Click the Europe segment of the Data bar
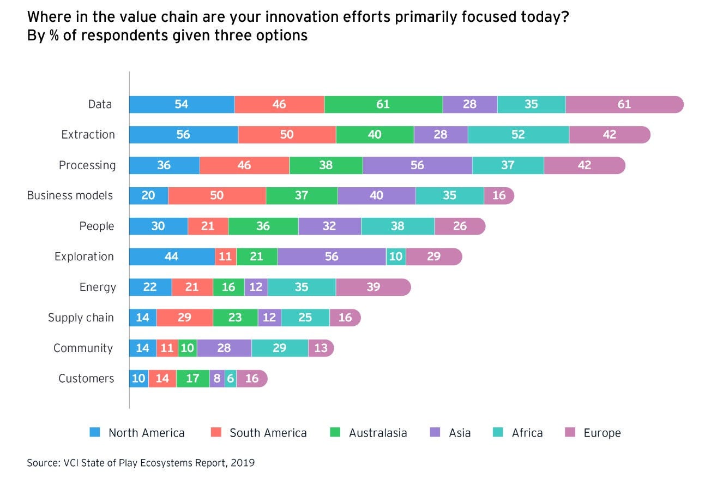[624, 104]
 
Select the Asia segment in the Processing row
[417, 165]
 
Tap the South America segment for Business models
[217, 195]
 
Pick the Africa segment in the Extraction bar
[518, 135]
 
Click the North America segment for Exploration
[172, 257]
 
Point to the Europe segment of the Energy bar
[373, 287]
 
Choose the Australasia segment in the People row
[263, 226]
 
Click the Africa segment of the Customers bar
[231, 379]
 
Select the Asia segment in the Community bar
[224, 348]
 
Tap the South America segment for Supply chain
[184, 318]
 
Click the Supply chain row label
[81, 318]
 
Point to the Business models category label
[70, 195]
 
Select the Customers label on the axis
[86, 379]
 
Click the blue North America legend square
[95, 432]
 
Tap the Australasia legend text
[378, 433]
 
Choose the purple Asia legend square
[435, 432]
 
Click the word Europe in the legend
[602, 433]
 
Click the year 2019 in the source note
[243, 463]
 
